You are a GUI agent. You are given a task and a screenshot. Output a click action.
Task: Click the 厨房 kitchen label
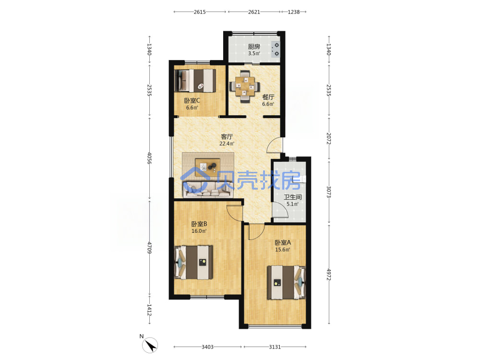click(x=254, y=47)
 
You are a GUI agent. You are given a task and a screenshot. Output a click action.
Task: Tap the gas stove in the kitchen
click(x=276, y=49)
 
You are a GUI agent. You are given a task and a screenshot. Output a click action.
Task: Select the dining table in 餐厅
click(x=245, y=86)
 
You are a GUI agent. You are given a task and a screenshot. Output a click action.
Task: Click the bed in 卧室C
click(x=195, y=80)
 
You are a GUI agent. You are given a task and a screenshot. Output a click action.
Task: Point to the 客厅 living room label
click(x=227, y=136)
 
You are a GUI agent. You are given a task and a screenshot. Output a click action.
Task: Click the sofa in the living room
click(x=207, y=190)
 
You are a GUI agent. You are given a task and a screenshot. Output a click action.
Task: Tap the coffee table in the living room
click(x=207, y=167)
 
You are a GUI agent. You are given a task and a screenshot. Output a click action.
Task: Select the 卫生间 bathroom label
click(x=293, y=197)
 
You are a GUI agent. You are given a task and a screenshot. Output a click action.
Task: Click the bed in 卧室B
click(x=193, y=263)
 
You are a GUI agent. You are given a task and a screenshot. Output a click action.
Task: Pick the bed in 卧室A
click(x=287, y=282)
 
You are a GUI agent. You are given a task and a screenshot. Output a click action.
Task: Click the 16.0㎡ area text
click(x=199, y=231)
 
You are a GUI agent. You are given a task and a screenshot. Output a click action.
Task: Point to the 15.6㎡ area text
click(x=283, y=250)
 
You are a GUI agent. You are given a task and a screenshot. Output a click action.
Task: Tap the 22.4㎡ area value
click(x=227, y=144)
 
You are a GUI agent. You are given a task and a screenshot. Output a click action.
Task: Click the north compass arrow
click(x=150, y=345)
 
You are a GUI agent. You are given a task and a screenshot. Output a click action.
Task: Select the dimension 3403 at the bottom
click(x=207, y=347)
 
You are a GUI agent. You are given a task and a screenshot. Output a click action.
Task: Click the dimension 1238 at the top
click(x=294, y=12)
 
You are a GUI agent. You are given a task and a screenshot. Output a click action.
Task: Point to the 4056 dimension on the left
click(x=149, y=158)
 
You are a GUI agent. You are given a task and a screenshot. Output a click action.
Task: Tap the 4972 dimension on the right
click(x=329, y=274)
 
